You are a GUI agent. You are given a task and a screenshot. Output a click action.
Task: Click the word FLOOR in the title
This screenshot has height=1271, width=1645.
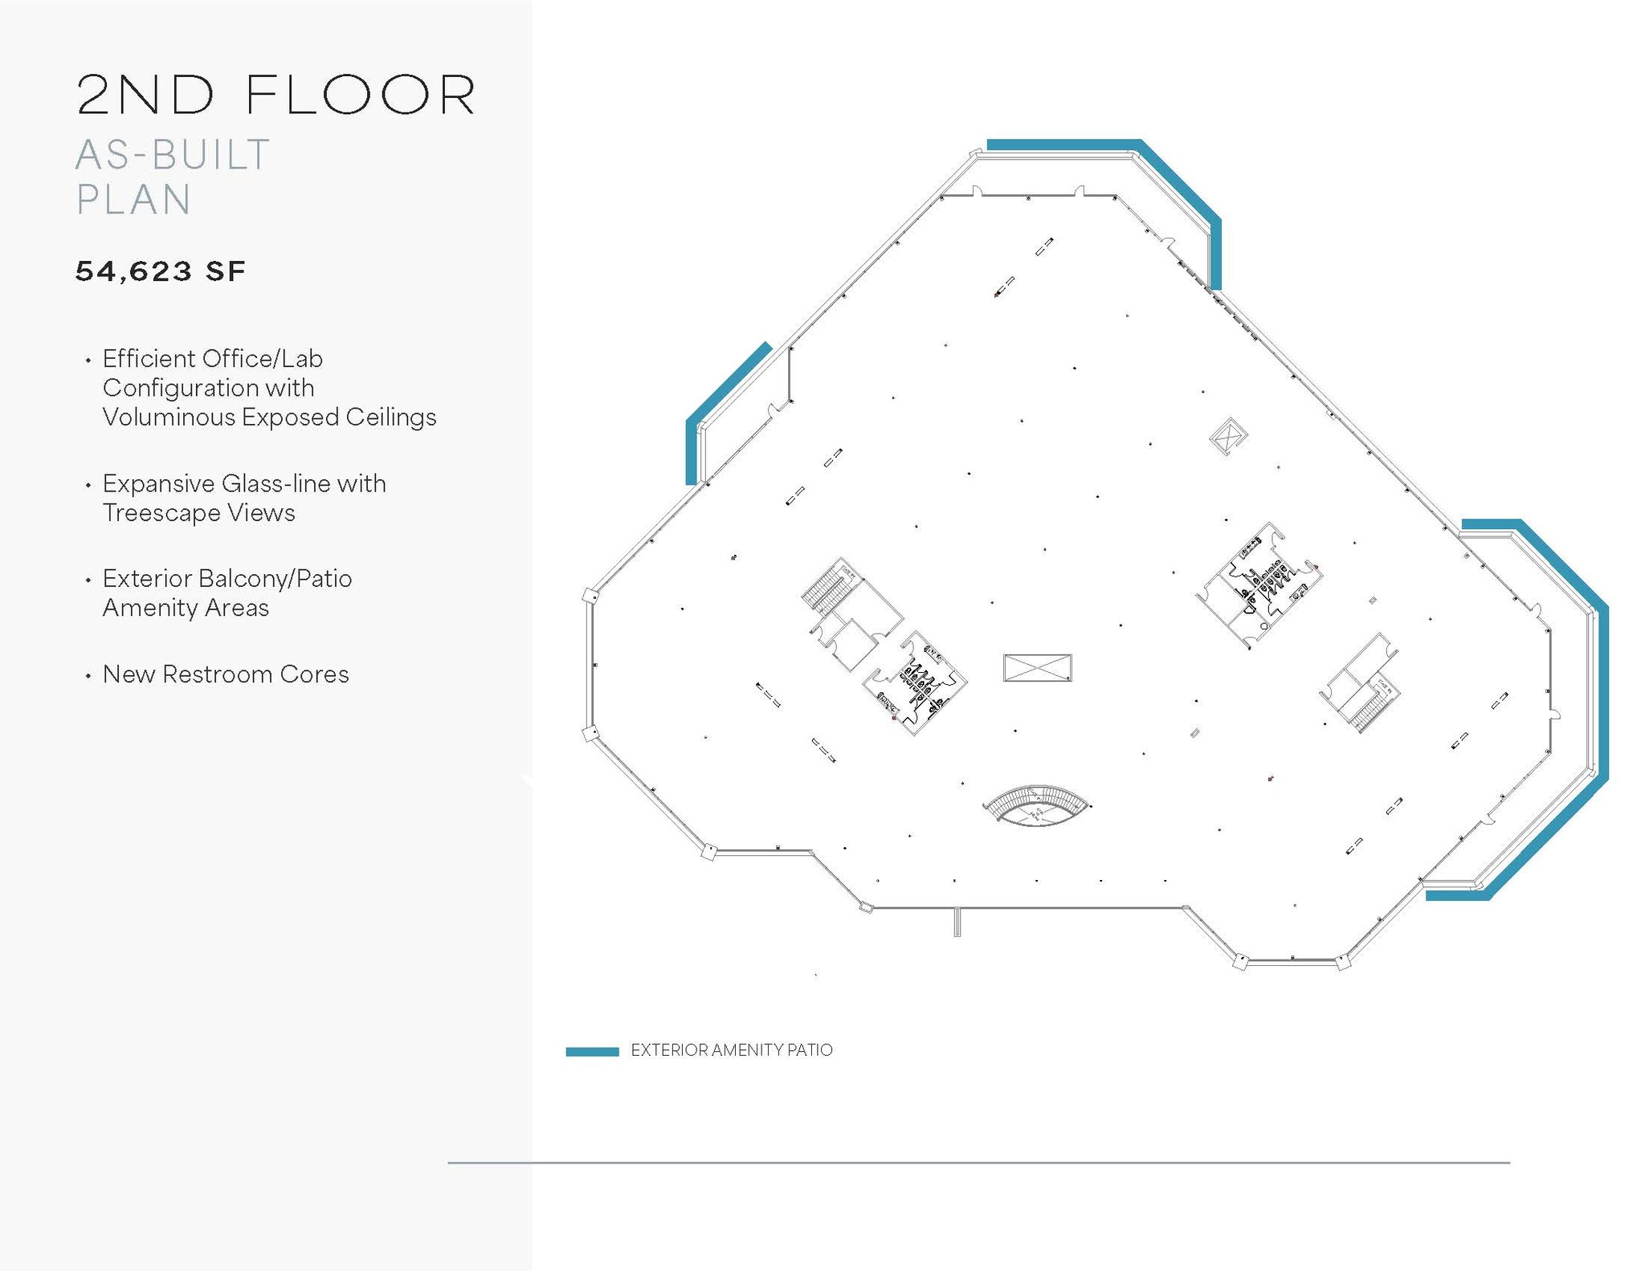[x=361, y=96]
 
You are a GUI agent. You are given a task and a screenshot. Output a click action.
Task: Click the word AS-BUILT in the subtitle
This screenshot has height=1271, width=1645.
[x=173, y=155]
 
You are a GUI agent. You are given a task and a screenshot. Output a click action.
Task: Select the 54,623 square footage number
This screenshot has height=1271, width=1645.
[x=133, y=271]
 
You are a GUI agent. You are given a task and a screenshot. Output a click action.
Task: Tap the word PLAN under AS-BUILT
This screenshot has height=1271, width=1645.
[x=133, y=200]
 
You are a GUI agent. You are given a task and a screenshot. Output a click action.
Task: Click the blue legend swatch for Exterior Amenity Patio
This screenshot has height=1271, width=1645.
[x=592, y=1051]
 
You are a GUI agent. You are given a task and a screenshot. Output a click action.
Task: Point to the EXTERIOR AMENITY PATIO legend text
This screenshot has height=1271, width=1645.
[x=731, y=1050]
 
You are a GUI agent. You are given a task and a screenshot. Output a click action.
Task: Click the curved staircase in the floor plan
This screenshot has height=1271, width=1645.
[x=1036, y=805]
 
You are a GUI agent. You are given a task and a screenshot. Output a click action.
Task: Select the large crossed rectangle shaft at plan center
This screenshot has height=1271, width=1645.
[x=1037, y=667]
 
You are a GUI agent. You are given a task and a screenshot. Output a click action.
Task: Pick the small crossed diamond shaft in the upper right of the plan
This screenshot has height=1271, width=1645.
[x=1227, y=435]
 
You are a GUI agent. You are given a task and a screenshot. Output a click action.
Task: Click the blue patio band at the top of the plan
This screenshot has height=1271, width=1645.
[x=1060, y=145]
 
